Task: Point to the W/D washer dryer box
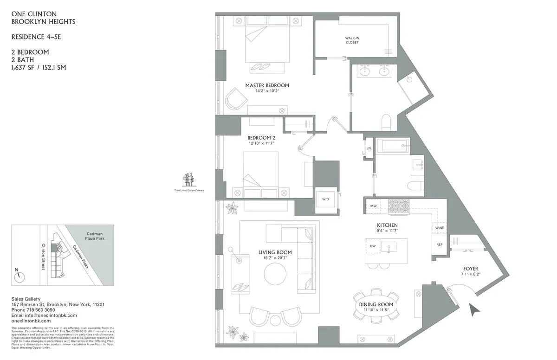click(x=325, y=199)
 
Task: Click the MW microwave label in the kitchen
click(x=373, y=206)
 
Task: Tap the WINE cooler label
click(x=439, y=228)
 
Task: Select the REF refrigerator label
click(x=439, y=244)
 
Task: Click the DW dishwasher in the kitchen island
click(x=373, y=246)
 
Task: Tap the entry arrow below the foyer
click(x=474, y=309)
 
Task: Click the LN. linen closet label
click(x=369, y=148)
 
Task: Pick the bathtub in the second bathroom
click(x=392, y=146)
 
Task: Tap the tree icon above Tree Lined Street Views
click(x=188, y=179)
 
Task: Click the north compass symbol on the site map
click(x=20, y=276)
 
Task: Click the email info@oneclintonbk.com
click(x=38, y=315)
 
